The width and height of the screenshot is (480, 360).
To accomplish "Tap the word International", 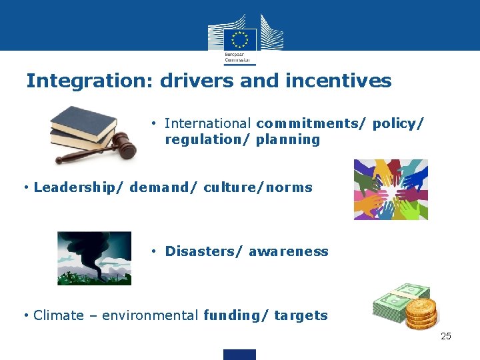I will click(208, 123).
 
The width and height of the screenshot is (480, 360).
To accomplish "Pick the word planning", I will click(288, 139).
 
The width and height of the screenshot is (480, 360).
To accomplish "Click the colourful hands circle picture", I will click(390, 189).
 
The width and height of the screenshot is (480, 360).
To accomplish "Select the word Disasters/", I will click(204, 251).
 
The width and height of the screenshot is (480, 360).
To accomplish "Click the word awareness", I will click(288, 251).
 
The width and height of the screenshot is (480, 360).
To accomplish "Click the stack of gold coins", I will click(421, 313).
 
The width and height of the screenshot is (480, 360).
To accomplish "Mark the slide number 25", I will click(446, 336).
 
